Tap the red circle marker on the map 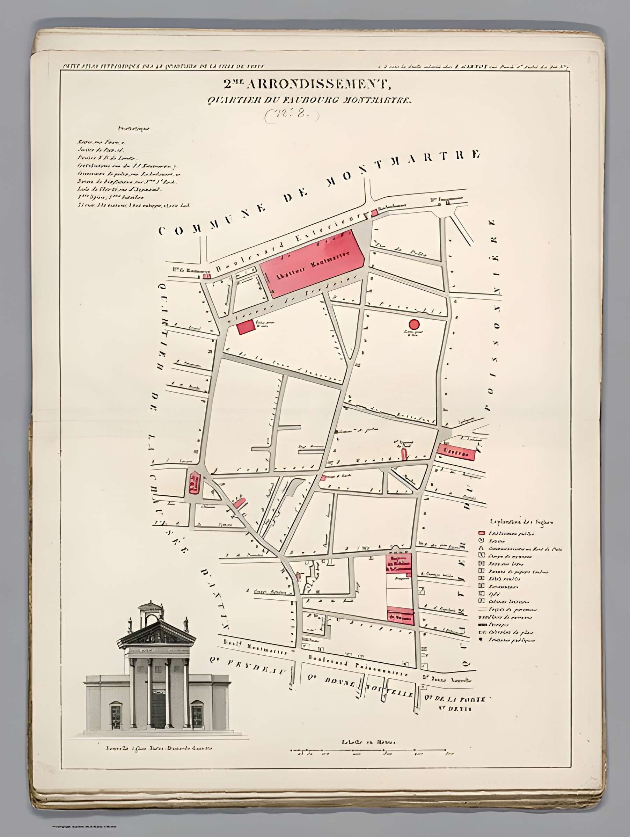tap(414, 324)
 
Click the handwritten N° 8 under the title tap(292, 115)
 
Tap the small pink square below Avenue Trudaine tap(246, 327)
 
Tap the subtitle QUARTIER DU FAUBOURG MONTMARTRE tap(309, 101)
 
